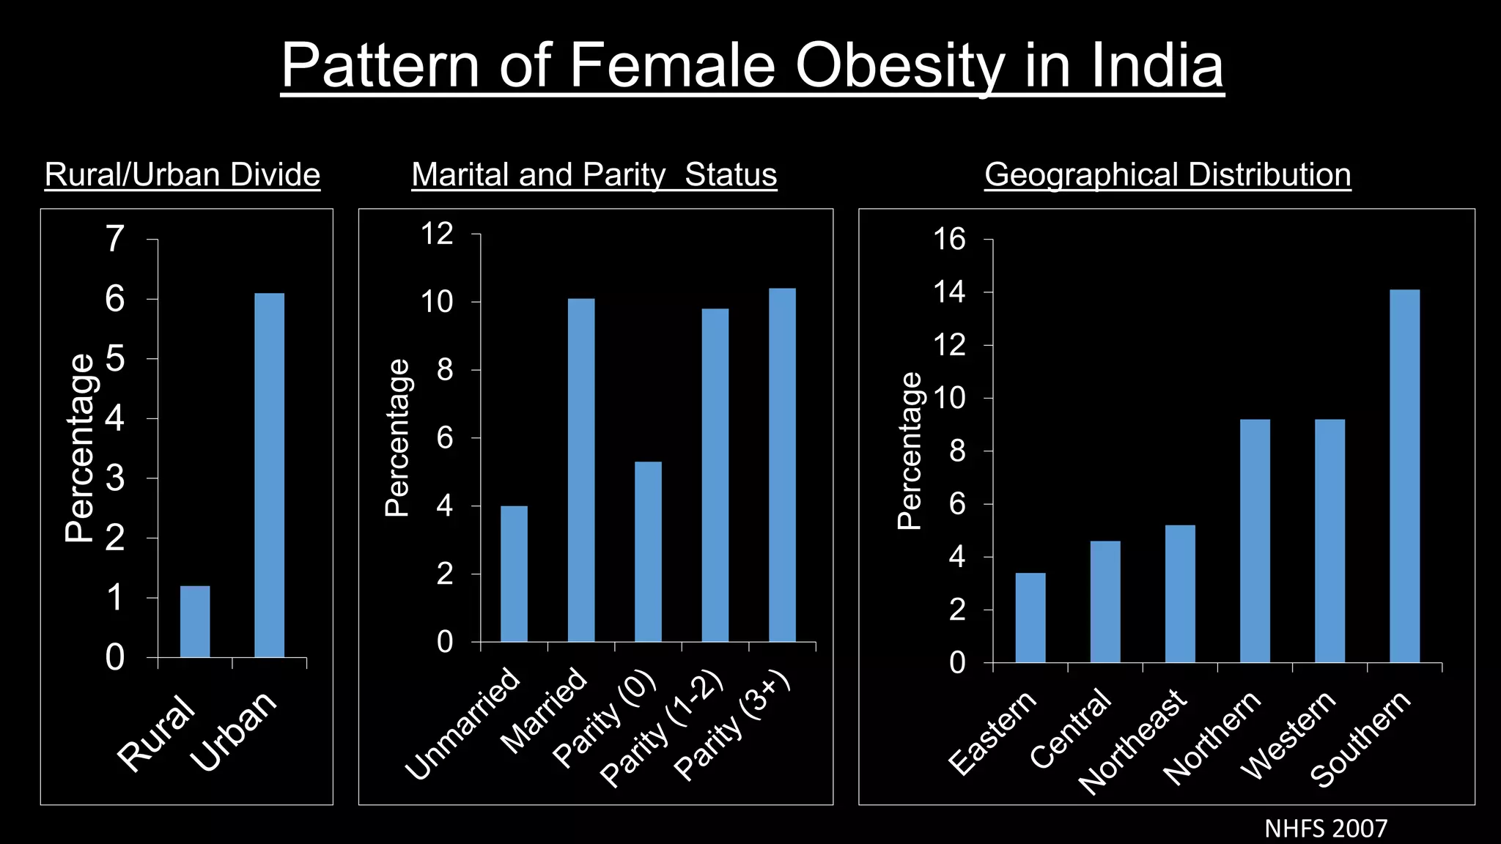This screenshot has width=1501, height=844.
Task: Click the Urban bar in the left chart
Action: pyautogui.click(x=269, y=476)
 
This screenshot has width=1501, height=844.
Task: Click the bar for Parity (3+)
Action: pyautogui.click(x=782, y=465)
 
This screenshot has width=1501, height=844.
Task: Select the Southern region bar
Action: pyautogui.click(x=1404, y=476)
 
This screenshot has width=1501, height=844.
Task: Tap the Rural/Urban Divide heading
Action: pyautogui.click(x=182, y=174)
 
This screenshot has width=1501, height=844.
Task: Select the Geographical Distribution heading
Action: pyautogui.click(x=1168, y=174)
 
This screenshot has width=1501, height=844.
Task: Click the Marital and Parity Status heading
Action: pyautogui.click(x=594, y=174)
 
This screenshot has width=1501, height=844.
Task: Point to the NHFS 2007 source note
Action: pyautogui.click(x=1326, y=829)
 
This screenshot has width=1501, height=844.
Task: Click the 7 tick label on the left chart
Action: pyautogui.click(x=115, y=239)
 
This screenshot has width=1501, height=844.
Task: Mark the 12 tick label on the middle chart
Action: pyautogui.click(x=437, y=234)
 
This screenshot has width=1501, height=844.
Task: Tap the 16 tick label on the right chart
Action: pyautogui.click(x=949, y=239)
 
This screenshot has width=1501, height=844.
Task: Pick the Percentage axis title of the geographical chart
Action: pyautogui.click(x=910, y=451)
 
